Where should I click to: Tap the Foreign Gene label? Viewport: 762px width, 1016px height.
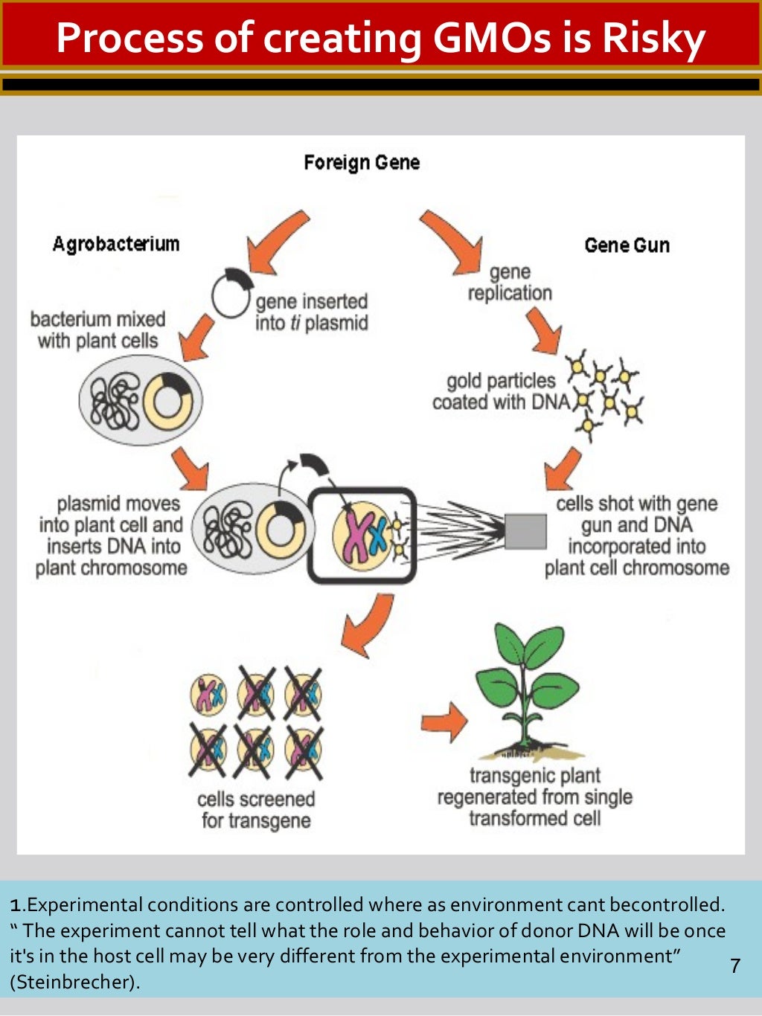(x=362, y=162)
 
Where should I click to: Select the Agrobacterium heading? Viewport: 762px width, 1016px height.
(x=116, y=244)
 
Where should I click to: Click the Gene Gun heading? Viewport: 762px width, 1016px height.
(x=627, y=245)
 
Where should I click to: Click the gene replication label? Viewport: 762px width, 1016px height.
(x=510, y=283)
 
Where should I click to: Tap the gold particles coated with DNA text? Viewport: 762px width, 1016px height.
(x=500, y=391)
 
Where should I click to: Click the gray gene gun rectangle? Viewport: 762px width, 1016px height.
(x=525, y=531)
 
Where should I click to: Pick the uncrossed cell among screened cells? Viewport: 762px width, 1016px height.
(x=208, y=693)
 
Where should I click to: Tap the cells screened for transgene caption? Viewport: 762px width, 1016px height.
(x=256, y=810)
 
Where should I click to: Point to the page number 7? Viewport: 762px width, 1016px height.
(x=735, y=965)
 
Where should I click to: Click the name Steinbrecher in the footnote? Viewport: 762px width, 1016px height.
(x=74, y=982)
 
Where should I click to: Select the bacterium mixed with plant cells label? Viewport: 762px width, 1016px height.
(x=97, y=329)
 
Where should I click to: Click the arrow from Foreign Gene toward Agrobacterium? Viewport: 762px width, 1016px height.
(x=276, y=241)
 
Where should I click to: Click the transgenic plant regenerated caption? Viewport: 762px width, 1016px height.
(x=534, y=797)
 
